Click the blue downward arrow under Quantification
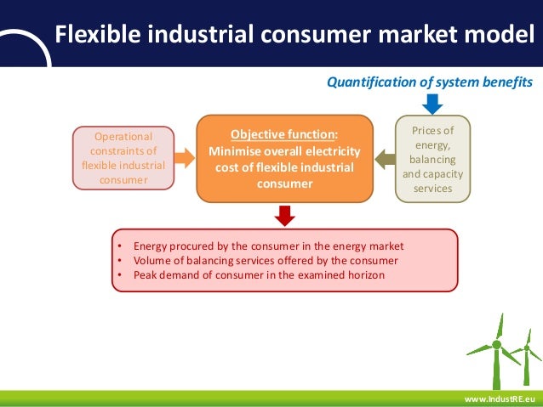tap(432, 103)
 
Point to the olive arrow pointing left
tap(385, 158)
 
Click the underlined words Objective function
tap(284, 134)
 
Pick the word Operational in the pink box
tap(123, 136)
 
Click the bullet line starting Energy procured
tap(268, 246)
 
